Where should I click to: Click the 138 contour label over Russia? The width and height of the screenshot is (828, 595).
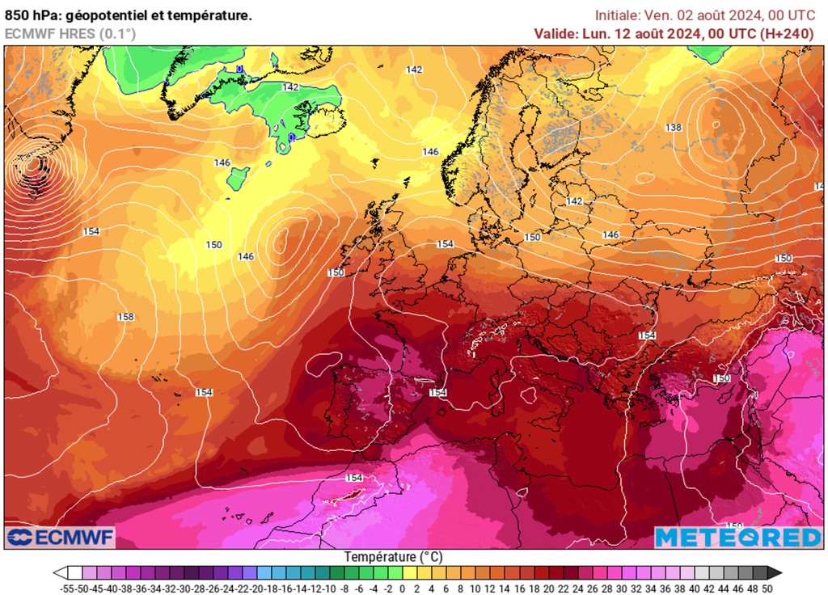(674, 128)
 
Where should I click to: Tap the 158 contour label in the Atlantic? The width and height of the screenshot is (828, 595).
(125, 317)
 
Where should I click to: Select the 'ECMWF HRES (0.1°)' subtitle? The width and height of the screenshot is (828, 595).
(70, 33)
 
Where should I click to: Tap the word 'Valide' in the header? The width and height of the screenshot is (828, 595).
(554, 33)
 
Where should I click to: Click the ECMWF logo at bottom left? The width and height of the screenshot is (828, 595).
(61, 538)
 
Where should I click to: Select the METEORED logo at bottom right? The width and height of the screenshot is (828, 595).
(737, 538)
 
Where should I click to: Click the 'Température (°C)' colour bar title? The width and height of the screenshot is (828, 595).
(393, 557)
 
